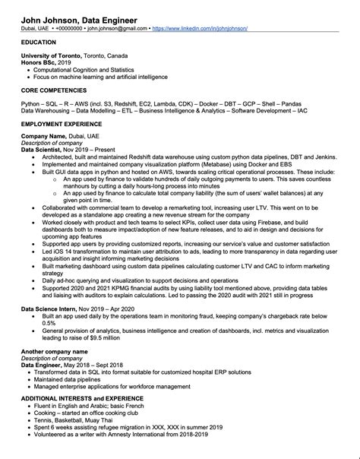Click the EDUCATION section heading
pos(39,43)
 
